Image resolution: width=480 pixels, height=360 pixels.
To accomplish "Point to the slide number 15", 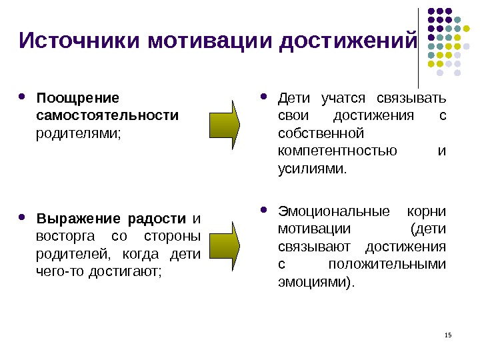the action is (x=447, y=334).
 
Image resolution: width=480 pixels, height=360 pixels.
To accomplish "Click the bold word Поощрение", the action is (x=78, y=99).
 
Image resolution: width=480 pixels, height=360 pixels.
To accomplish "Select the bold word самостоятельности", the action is (x=107, y=116).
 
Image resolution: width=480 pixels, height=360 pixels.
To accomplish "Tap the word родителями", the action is (x=79, y=133).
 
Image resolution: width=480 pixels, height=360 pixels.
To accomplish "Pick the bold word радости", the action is (x=157, y=219).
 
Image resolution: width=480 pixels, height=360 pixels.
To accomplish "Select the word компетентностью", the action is (x=337, y=151).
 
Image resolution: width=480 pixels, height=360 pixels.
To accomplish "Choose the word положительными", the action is (x=387, y=264).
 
